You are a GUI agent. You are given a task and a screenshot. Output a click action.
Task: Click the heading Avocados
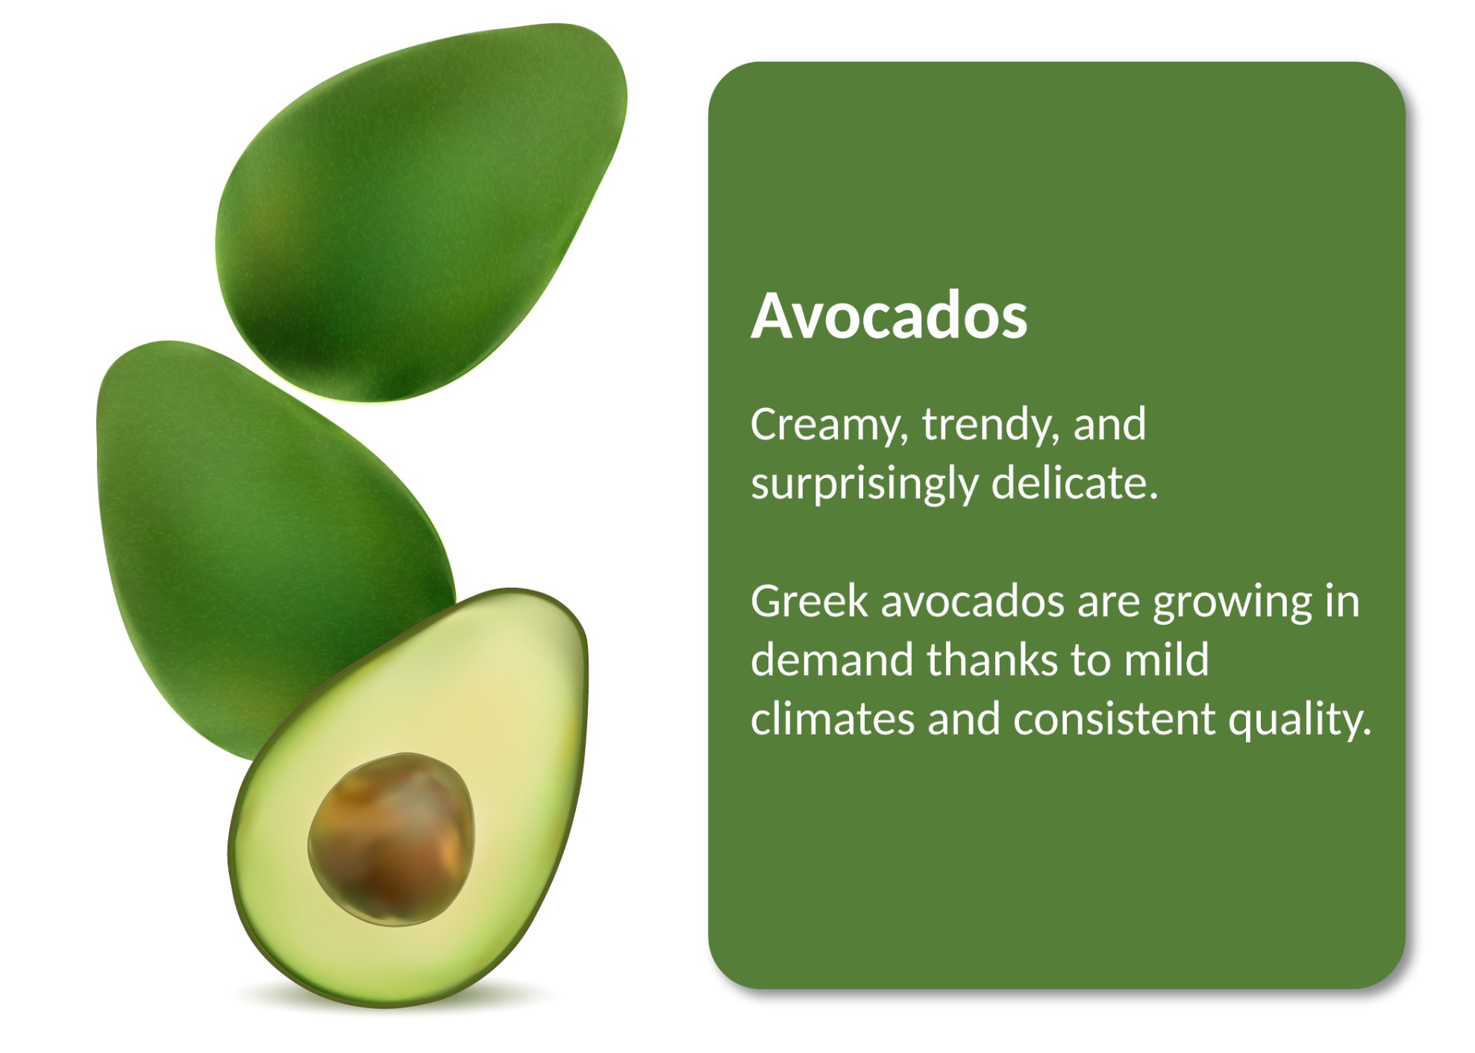click(889, 316)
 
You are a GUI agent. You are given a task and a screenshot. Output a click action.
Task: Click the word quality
click(1300, 721)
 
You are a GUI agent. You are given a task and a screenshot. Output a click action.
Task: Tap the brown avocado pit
click(391, 840)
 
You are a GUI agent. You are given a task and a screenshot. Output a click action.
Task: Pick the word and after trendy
click(1109, 424)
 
